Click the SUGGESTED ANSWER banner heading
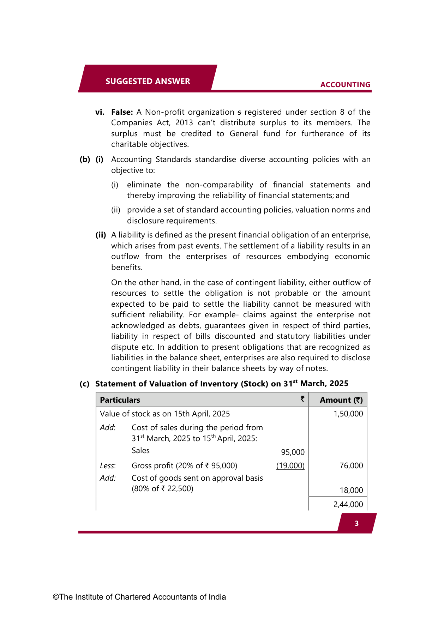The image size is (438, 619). [x=148, y=81]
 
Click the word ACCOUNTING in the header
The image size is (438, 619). [x=345, y=85]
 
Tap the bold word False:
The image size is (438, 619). [x=122, y=112]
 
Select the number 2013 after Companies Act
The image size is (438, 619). [x=184, y=123]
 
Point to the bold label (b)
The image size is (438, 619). [x=85, y=160]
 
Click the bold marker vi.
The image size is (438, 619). [x=100, y=112]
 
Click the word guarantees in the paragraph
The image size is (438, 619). [x=224, y=326]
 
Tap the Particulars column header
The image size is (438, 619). [x=120, y=400]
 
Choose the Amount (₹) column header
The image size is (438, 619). [x=341, y=400]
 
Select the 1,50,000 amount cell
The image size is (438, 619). [x=348, y=414]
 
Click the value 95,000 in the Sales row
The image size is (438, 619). [x=293, y=452]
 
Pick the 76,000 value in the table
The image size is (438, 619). [x=351, y=466]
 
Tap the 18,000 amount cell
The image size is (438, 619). [x=351, y=491]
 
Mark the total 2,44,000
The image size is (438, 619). [x=348, y=505]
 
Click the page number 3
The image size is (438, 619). [x=356, y=523]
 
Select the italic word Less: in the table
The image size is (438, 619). [x=108, y=466]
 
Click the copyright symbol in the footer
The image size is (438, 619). [x=56, y=597]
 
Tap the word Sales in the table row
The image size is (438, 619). [x=140, y=451]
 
